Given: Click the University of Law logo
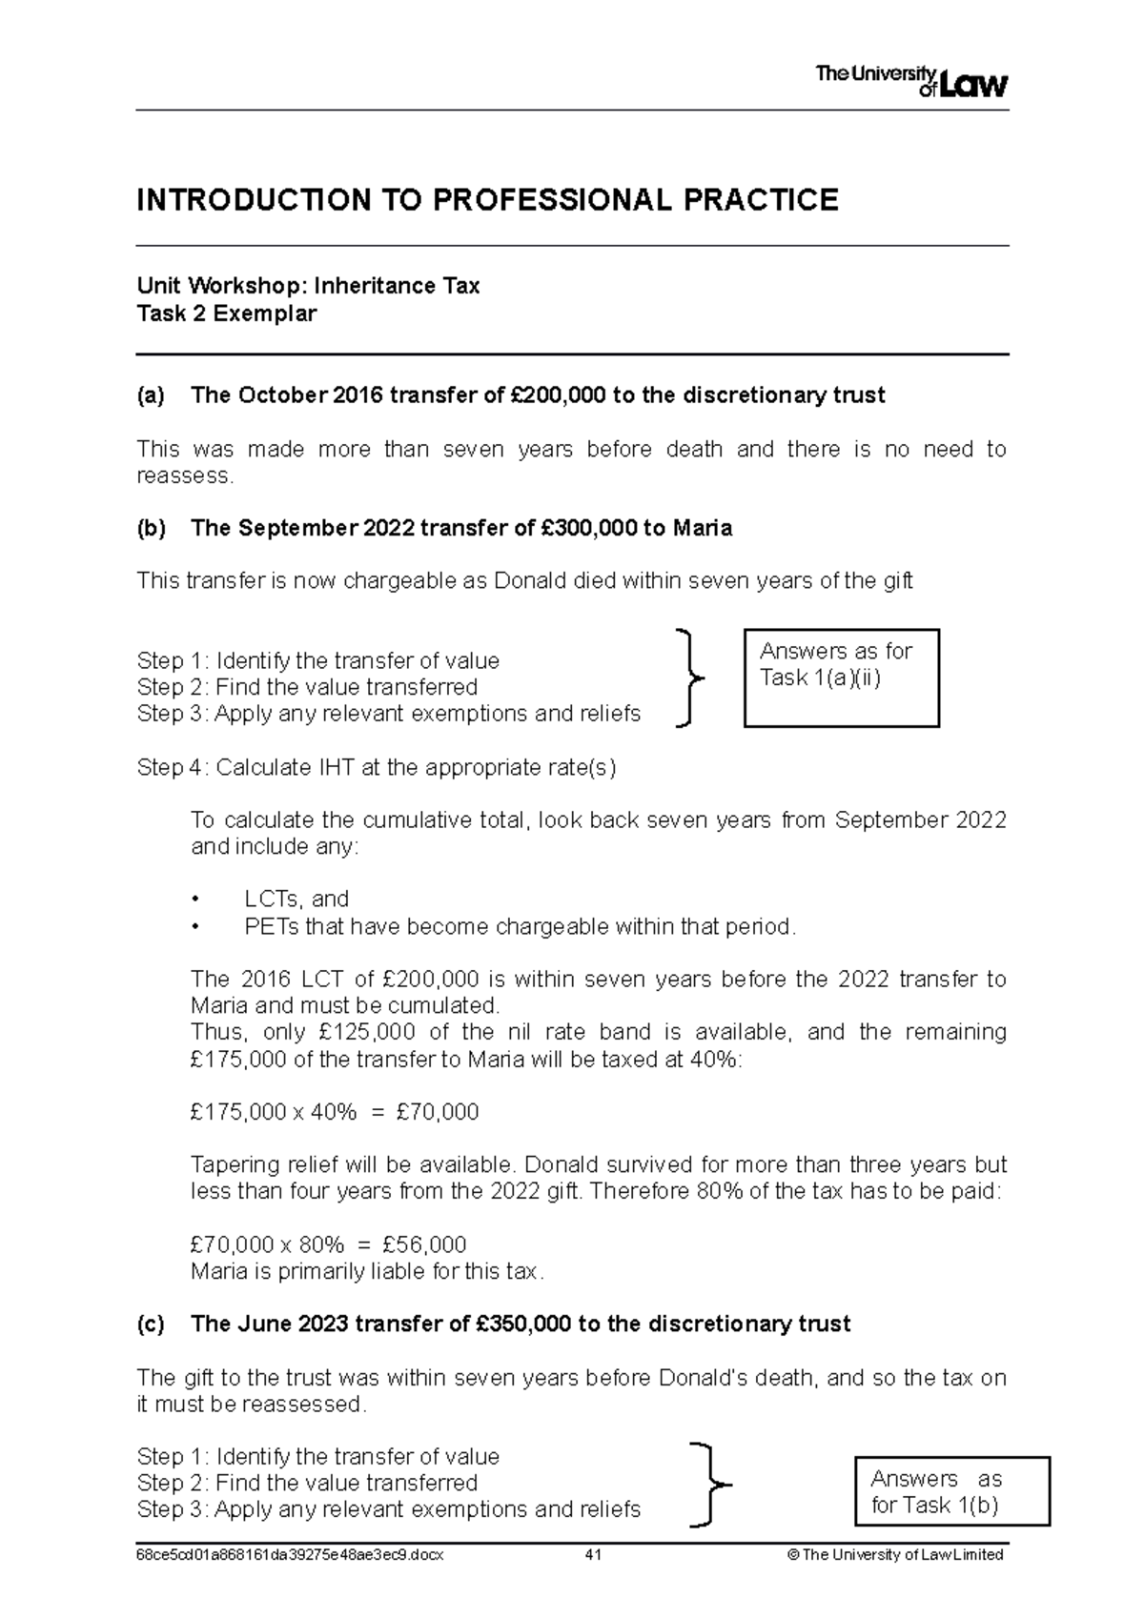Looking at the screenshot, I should (910, 82).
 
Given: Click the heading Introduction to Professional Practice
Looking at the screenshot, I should (487, 200).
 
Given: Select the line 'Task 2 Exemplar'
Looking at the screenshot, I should (227, 313).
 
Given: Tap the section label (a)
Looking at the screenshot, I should (151, 395).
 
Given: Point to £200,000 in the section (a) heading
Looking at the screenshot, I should (553, 395).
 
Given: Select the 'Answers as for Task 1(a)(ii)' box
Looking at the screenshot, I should (841, 678).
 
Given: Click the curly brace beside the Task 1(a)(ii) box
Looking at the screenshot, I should (689, 678).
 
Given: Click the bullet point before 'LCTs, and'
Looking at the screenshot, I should (196, 900).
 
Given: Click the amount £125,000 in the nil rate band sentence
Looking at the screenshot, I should (367, 1032).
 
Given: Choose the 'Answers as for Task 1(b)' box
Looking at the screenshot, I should (952, 1491).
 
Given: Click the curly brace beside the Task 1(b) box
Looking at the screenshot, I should (707, 1485).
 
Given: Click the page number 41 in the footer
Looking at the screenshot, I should (593, 1555).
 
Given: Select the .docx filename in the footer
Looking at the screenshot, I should (291, 1555).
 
